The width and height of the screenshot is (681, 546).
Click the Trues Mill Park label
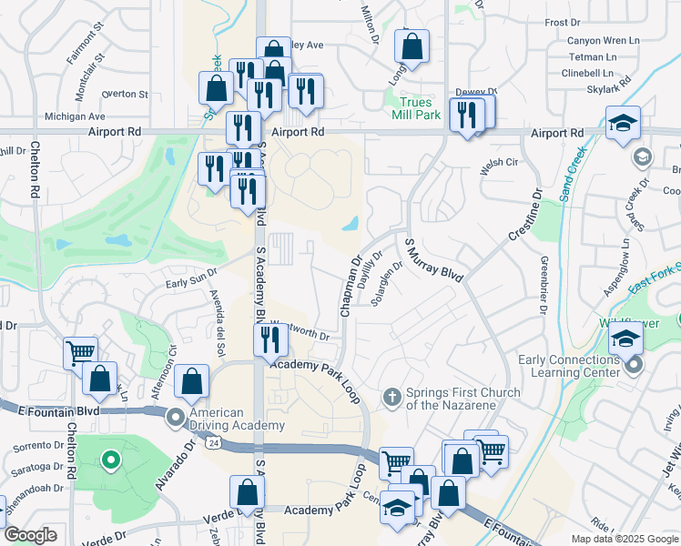[416, 108]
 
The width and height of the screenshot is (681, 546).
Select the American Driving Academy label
[237, 420]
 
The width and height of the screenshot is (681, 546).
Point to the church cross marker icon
[391, 396]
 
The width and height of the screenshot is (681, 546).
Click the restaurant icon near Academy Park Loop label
[270, 339]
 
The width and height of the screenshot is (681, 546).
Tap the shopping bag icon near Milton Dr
[412, 47]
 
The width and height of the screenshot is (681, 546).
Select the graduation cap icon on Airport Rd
[624, 125]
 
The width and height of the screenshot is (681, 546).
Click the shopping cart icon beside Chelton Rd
[81, 352]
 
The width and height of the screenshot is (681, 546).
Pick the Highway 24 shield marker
[213, 442]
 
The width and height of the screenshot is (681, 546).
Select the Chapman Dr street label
[351, 286]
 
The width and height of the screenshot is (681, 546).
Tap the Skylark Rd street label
[611, 87]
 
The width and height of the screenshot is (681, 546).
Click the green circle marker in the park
[110, 460]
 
